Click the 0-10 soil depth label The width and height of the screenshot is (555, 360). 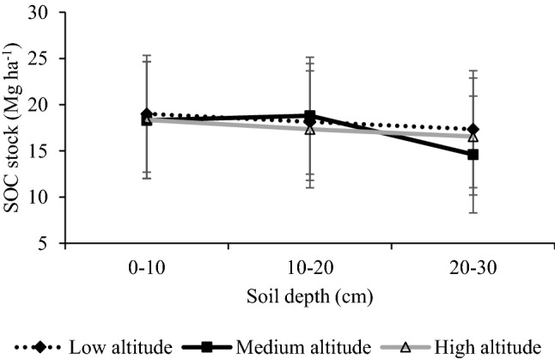(147, 266)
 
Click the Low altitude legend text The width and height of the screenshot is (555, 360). (120, 346)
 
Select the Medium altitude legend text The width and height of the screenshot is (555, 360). (297, 346)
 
